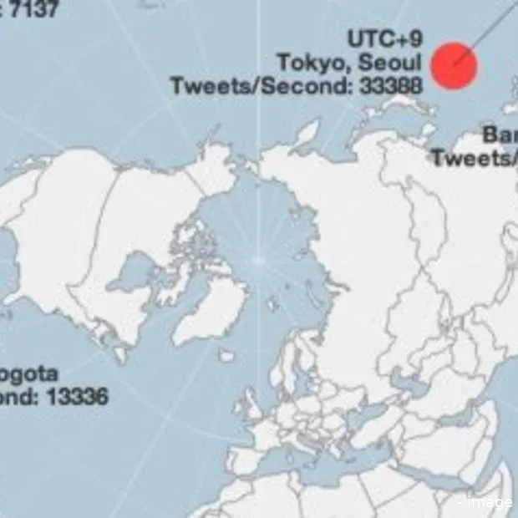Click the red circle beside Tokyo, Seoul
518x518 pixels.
454,65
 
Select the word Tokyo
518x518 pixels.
311,63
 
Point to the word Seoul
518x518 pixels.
390,63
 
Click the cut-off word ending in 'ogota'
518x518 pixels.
29,373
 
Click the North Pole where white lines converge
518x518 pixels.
259,262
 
